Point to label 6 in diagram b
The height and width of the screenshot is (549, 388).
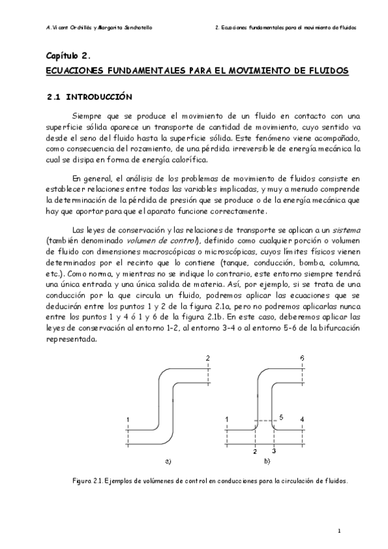click(x=302, y=358)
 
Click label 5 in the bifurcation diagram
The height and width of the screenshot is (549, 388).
click(x=280, y=416)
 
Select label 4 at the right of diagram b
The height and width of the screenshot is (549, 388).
click(x=302, y=420)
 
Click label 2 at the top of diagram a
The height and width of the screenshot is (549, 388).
click(x=207, y=358)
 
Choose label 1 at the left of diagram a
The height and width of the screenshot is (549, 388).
click(x=129, y=420)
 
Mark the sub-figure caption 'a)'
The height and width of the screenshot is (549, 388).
click(x=168, y=460)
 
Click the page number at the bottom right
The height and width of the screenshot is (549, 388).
click(x=339, y=530)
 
